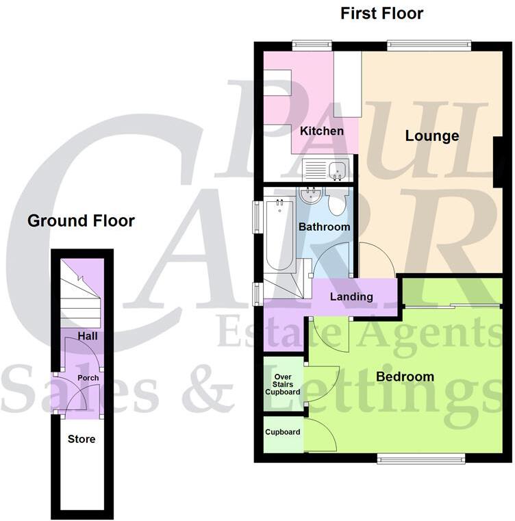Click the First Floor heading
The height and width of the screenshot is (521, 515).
click(x=382, y=14)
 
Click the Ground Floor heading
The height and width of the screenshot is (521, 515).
click(x=81, y=221)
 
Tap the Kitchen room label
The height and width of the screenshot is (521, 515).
click(x=322, y=131)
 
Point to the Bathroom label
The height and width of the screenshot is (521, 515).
click(x=324, y=227)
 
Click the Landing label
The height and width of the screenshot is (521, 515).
click(x=351, y=297)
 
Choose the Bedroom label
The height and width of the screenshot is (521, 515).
click(x=405, y=377)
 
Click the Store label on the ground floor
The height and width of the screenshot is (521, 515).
click(x=81, y=439)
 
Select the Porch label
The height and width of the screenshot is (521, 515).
click(x=88, y=378)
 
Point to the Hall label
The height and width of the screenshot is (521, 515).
click(x=87, y=337)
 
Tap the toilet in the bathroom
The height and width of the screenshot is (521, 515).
click(x=337, y=204)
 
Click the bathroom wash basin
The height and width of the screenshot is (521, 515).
click(x=310, y=197)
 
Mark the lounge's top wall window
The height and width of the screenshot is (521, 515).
click(x=429, y=46)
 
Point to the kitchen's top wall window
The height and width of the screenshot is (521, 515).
click(x=302, y=46)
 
